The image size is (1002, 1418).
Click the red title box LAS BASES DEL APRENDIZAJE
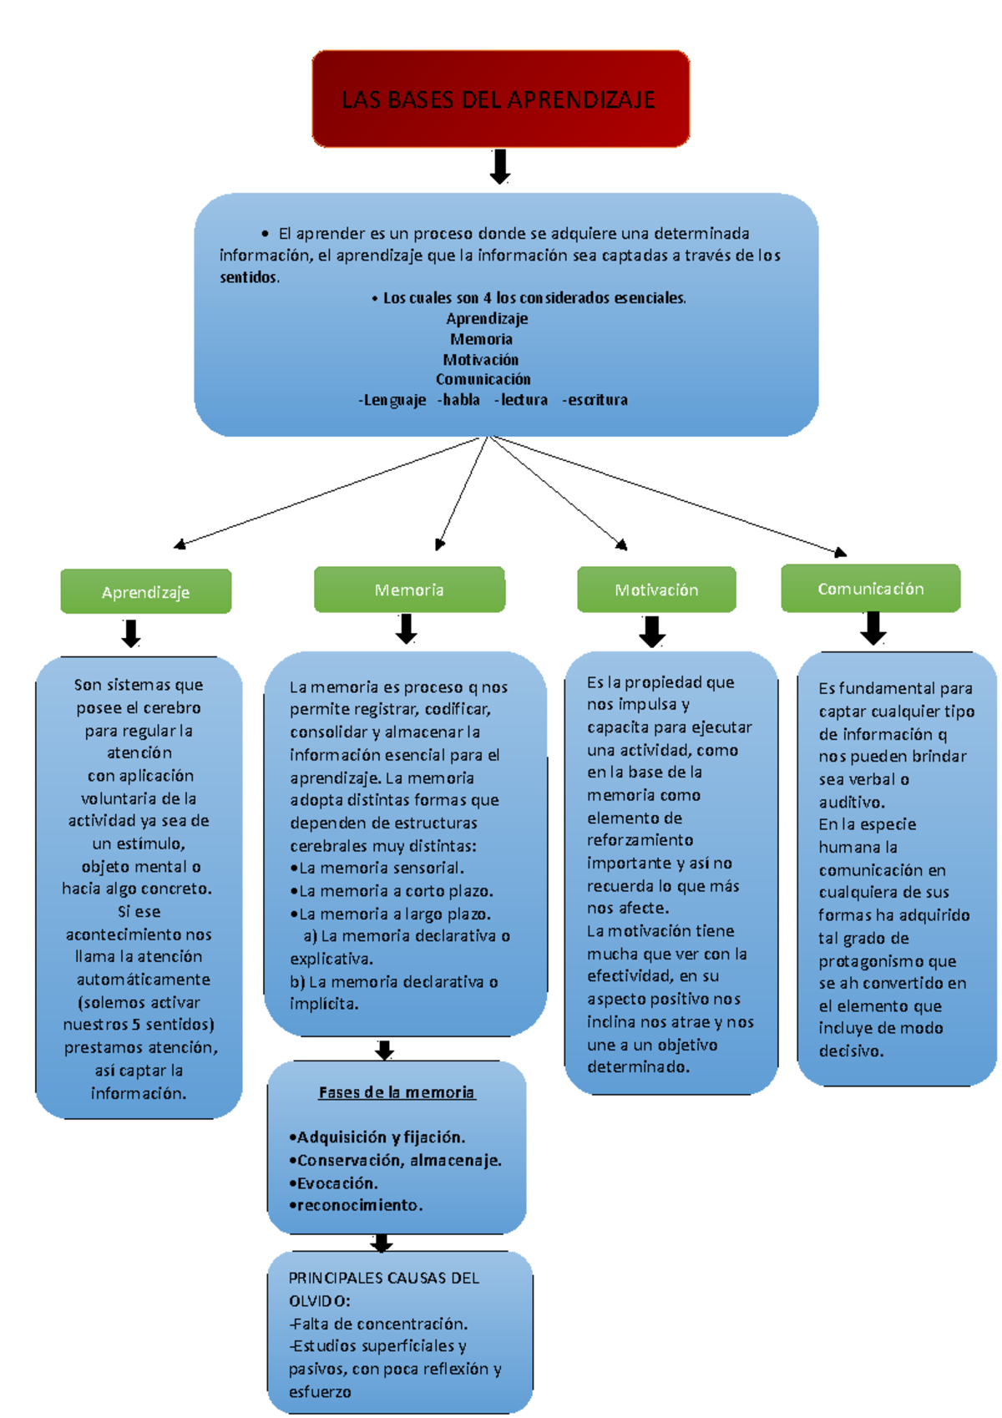[500, 99]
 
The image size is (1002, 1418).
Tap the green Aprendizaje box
[145, 591]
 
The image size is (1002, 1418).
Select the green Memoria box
[409, 590]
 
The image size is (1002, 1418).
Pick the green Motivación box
[656, 590]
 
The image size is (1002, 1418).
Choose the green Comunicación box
[870, 588]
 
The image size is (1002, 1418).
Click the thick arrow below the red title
[500, 166]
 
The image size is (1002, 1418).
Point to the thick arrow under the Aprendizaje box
[131, 633]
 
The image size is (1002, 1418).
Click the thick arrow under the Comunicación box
[873, 628]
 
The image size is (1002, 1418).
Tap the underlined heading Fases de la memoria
[397, 1092]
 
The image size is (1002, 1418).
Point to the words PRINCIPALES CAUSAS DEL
[383, 1278]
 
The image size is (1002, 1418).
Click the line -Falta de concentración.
[378, 1324]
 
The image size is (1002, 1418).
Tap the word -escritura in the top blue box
[595, 400]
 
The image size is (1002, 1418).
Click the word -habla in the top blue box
[458, 400]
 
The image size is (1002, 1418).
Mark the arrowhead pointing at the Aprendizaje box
[179, 544]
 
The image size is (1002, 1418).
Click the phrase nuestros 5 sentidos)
[139, 1024]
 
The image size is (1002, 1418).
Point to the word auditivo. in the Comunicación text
[851, 802]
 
